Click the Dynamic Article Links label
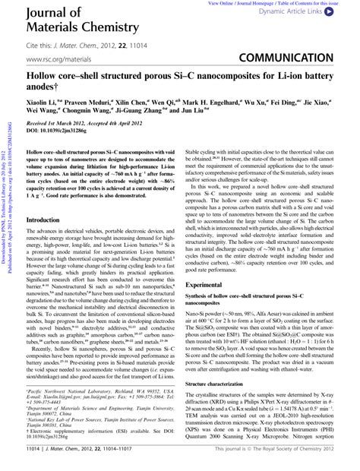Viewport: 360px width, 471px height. tap(301, 13)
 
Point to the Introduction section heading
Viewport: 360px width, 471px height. tap(48, 220)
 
